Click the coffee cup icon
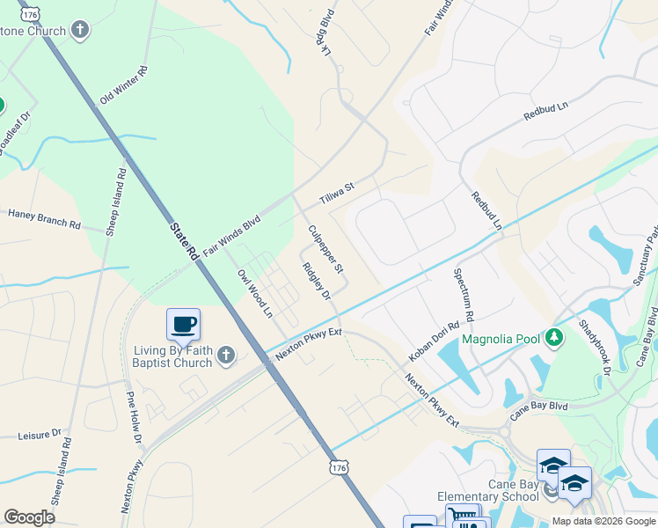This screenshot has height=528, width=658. click(183, 324)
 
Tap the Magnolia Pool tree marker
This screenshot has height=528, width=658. click(553, 336)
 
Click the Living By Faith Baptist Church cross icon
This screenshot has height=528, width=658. click(226, 356)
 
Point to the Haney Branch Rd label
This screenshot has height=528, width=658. click(44, 219)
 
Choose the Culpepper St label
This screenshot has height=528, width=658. click(325, 247)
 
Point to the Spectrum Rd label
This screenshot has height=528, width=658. click(463, 295)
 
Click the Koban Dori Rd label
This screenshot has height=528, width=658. click(434, 342)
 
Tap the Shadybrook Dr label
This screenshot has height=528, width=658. click(595, 346)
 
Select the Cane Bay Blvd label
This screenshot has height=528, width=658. click(538, 407)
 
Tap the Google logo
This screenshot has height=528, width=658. click(29, 517)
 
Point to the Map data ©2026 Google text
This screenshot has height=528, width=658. click(603, 521)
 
